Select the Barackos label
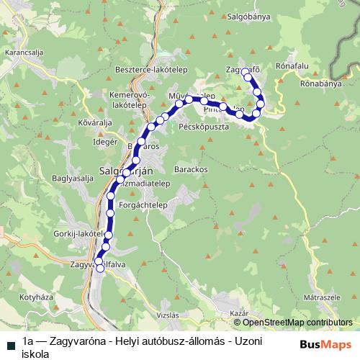pos(191,168)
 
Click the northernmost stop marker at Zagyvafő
pos(246,71)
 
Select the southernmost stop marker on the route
pos(100,268)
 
